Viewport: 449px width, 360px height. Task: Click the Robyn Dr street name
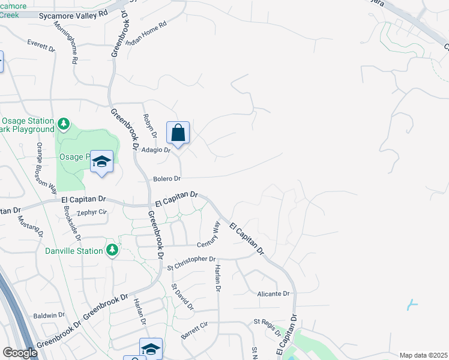[149, 127]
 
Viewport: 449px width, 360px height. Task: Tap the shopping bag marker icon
[178, 133]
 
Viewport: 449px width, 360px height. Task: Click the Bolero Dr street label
[166, 179]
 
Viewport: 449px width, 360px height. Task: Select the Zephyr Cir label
[92, 212]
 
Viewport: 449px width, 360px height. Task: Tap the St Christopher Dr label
[191, 259]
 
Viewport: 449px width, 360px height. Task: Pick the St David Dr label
[182, 297]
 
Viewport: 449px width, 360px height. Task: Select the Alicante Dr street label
[273, 293]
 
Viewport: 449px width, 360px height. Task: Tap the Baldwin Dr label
[49, 315]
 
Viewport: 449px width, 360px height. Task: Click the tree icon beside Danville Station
[112, 250]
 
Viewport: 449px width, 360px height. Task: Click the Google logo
[20, 353]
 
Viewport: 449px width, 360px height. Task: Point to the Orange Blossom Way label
[46, 167]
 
